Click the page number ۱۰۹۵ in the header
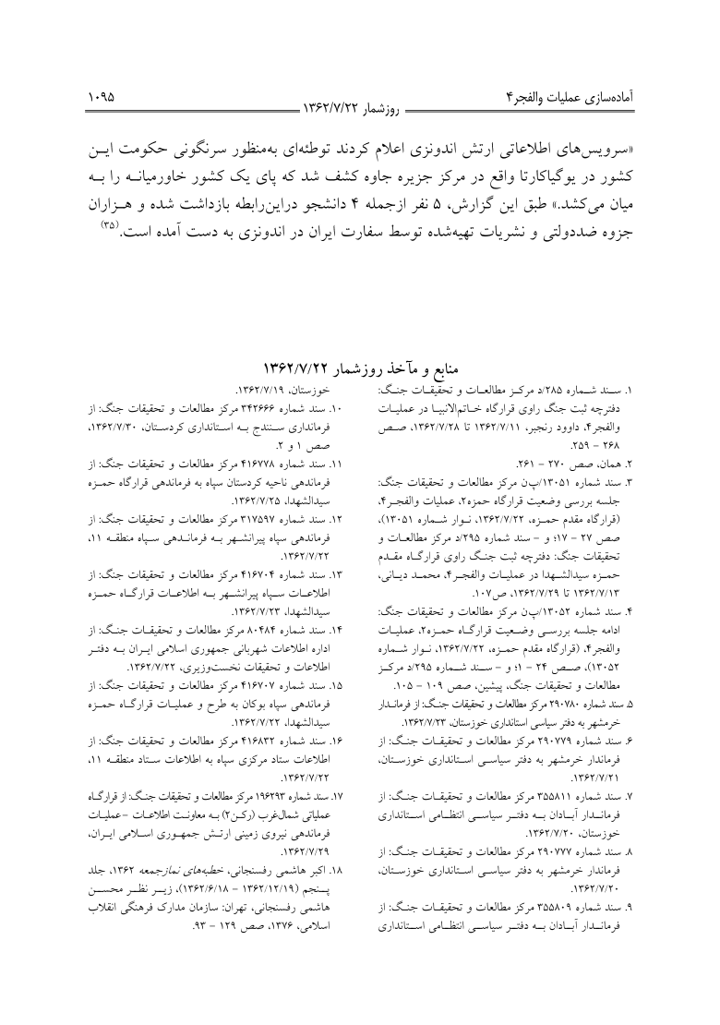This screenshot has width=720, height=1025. (103, 94)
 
